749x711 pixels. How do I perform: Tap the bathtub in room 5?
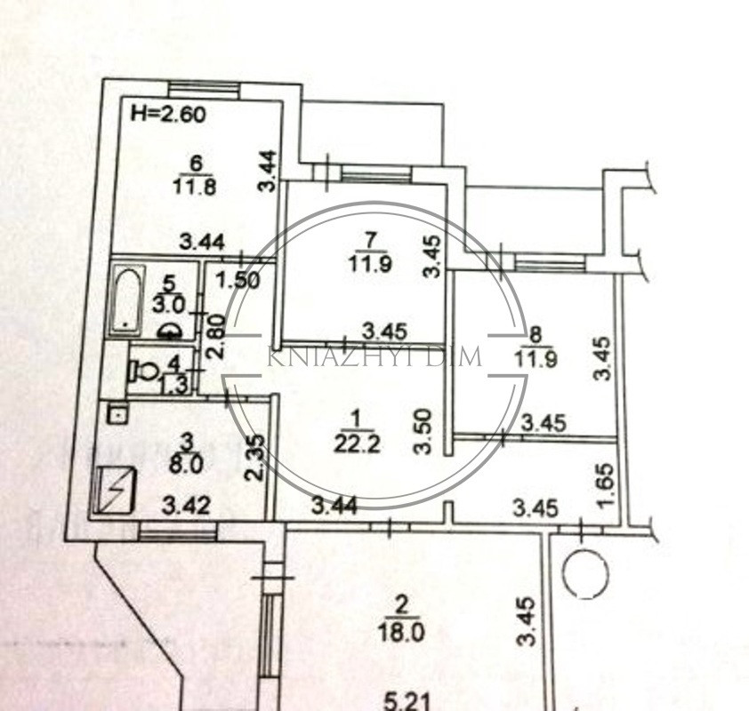126,299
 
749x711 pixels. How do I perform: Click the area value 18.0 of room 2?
401,632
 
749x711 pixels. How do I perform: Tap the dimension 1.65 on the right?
605,487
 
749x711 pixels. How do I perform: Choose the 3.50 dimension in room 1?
426,431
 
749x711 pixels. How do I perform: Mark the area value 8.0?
188,462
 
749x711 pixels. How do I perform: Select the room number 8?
536,334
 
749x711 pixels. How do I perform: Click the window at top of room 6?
204,87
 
